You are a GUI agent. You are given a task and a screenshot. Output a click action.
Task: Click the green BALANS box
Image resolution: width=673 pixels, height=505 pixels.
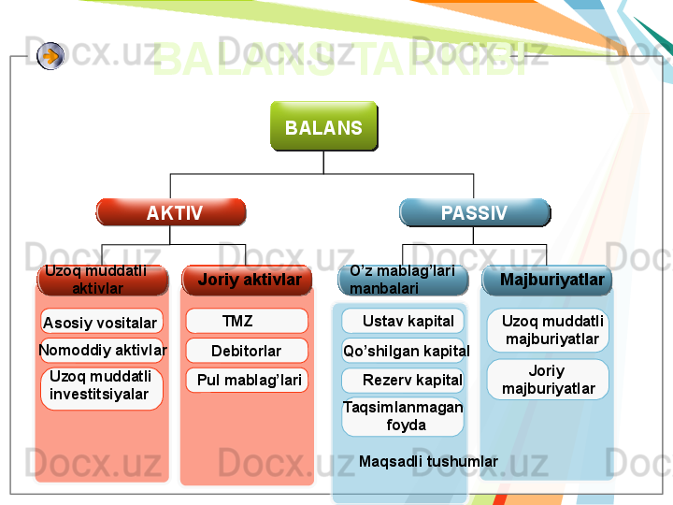click(323, 126)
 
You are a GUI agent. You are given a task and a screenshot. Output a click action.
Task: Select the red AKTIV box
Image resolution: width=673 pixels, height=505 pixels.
click(172, 212)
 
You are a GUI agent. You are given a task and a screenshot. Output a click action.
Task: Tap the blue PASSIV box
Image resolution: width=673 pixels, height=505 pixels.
click(474, 212)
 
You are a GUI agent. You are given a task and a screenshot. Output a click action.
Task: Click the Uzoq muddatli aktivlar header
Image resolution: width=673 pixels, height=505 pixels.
click(102, 280)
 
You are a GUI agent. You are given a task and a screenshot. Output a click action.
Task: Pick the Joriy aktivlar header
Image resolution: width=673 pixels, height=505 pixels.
click(248, 280)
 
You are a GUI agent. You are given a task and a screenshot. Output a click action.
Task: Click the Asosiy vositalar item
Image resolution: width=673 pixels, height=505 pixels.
click(101, 324)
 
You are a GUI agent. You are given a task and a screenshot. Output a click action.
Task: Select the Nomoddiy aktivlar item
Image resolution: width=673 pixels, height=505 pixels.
click(103, 351)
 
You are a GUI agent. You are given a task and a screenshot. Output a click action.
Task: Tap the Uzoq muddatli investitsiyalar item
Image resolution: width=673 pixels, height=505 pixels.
click(101, 385)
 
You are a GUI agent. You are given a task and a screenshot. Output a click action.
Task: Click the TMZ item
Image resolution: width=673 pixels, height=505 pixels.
click(247, 322)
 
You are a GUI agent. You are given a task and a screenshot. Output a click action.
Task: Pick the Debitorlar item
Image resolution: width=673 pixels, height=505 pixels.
click(247, 351)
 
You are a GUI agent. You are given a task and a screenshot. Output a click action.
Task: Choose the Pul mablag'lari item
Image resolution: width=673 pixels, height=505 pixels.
click(248, 380)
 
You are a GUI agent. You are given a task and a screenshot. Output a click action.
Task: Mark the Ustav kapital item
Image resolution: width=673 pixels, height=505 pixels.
click(404, 322)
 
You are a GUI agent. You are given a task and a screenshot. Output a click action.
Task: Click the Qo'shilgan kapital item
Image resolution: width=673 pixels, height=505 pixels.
click(405, 351)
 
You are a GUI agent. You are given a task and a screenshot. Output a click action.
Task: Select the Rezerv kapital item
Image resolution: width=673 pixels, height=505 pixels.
click(405, 380)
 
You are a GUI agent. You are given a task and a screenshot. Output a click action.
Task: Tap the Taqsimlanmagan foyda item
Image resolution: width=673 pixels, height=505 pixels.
click(403, 416)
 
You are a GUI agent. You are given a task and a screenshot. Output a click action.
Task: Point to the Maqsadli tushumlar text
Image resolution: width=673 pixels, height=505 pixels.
click(428, 461)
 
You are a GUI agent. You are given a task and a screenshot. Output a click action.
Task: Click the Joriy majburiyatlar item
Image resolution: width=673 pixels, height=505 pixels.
click(548, 380)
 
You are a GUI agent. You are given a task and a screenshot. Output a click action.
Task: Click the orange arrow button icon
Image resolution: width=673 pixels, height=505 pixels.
click(51, 56)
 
